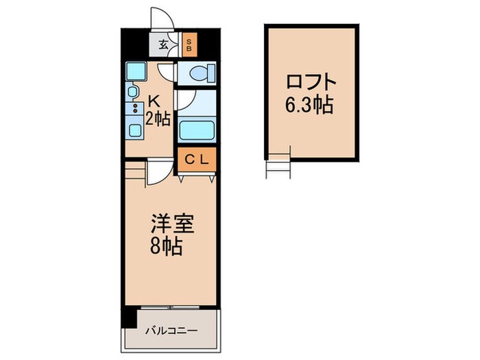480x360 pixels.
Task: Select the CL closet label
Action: (197, 160)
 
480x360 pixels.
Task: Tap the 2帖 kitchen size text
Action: (158, 119)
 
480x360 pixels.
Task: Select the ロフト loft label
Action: (312, 82)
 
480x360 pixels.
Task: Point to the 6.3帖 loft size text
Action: (313, 105)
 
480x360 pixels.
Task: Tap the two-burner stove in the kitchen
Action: (134, 108)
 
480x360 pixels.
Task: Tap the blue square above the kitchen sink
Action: (133, 71)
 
